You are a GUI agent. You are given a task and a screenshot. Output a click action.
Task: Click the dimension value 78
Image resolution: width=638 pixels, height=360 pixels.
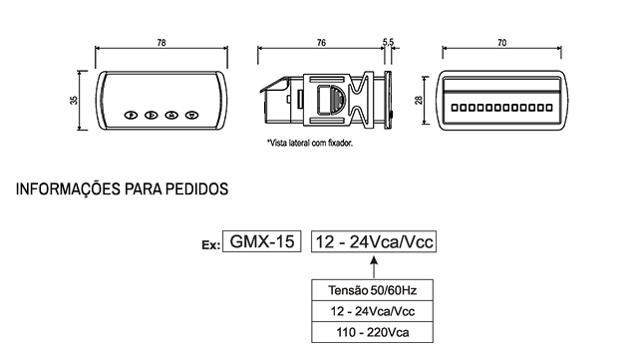(161, 43)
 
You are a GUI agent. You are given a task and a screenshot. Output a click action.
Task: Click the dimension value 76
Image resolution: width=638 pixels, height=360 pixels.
(321, 43)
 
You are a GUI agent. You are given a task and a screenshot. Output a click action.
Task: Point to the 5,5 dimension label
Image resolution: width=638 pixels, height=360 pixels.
(388, 42)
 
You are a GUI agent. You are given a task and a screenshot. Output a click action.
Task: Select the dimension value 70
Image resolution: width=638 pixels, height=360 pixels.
(502, 43)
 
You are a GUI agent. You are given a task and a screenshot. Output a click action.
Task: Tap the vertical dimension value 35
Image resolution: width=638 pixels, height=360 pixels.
(74, 100)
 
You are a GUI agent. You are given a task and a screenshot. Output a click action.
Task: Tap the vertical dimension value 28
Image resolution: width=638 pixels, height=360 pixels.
(419, 100)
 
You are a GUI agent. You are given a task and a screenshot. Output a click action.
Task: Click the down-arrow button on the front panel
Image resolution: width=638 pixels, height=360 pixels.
(191, 116)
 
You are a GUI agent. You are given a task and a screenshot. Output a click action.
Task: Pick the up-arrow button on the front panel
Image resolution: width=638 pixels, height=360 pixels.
(171, 116)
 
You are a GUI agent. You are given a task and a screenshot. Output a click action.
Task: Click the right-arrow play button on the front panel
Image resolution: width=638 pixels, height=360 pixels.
(152, 116)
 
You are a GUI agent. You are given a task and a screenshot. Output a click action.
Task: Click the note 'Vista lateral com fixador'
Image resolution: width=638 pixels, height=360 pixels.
(310, 143)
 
